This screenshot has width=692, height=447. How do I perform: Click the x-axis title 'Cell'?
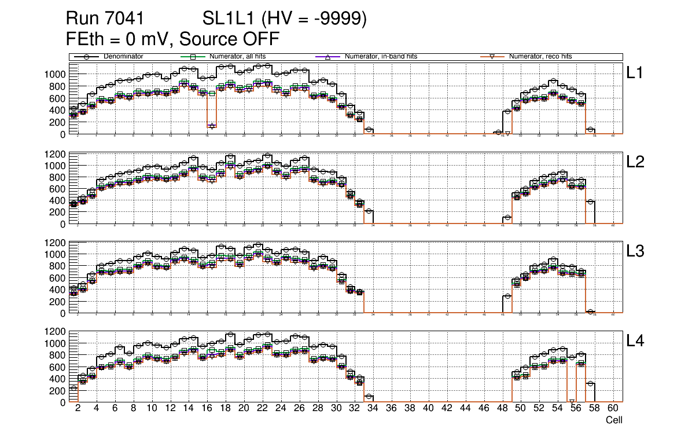[x=614, y=420]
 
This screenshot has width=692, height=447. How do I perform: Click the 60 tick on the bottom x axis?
[x=613, y=408]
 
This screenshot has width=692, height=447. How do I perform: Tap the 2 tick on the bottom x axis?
[x=78, y=408]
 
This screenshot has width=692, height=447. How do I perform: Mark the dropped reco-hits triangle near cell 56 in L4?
[x=572, y=401]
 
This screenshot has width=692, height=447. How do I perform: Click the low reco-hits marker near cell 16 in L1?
[x=212, y=126]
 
